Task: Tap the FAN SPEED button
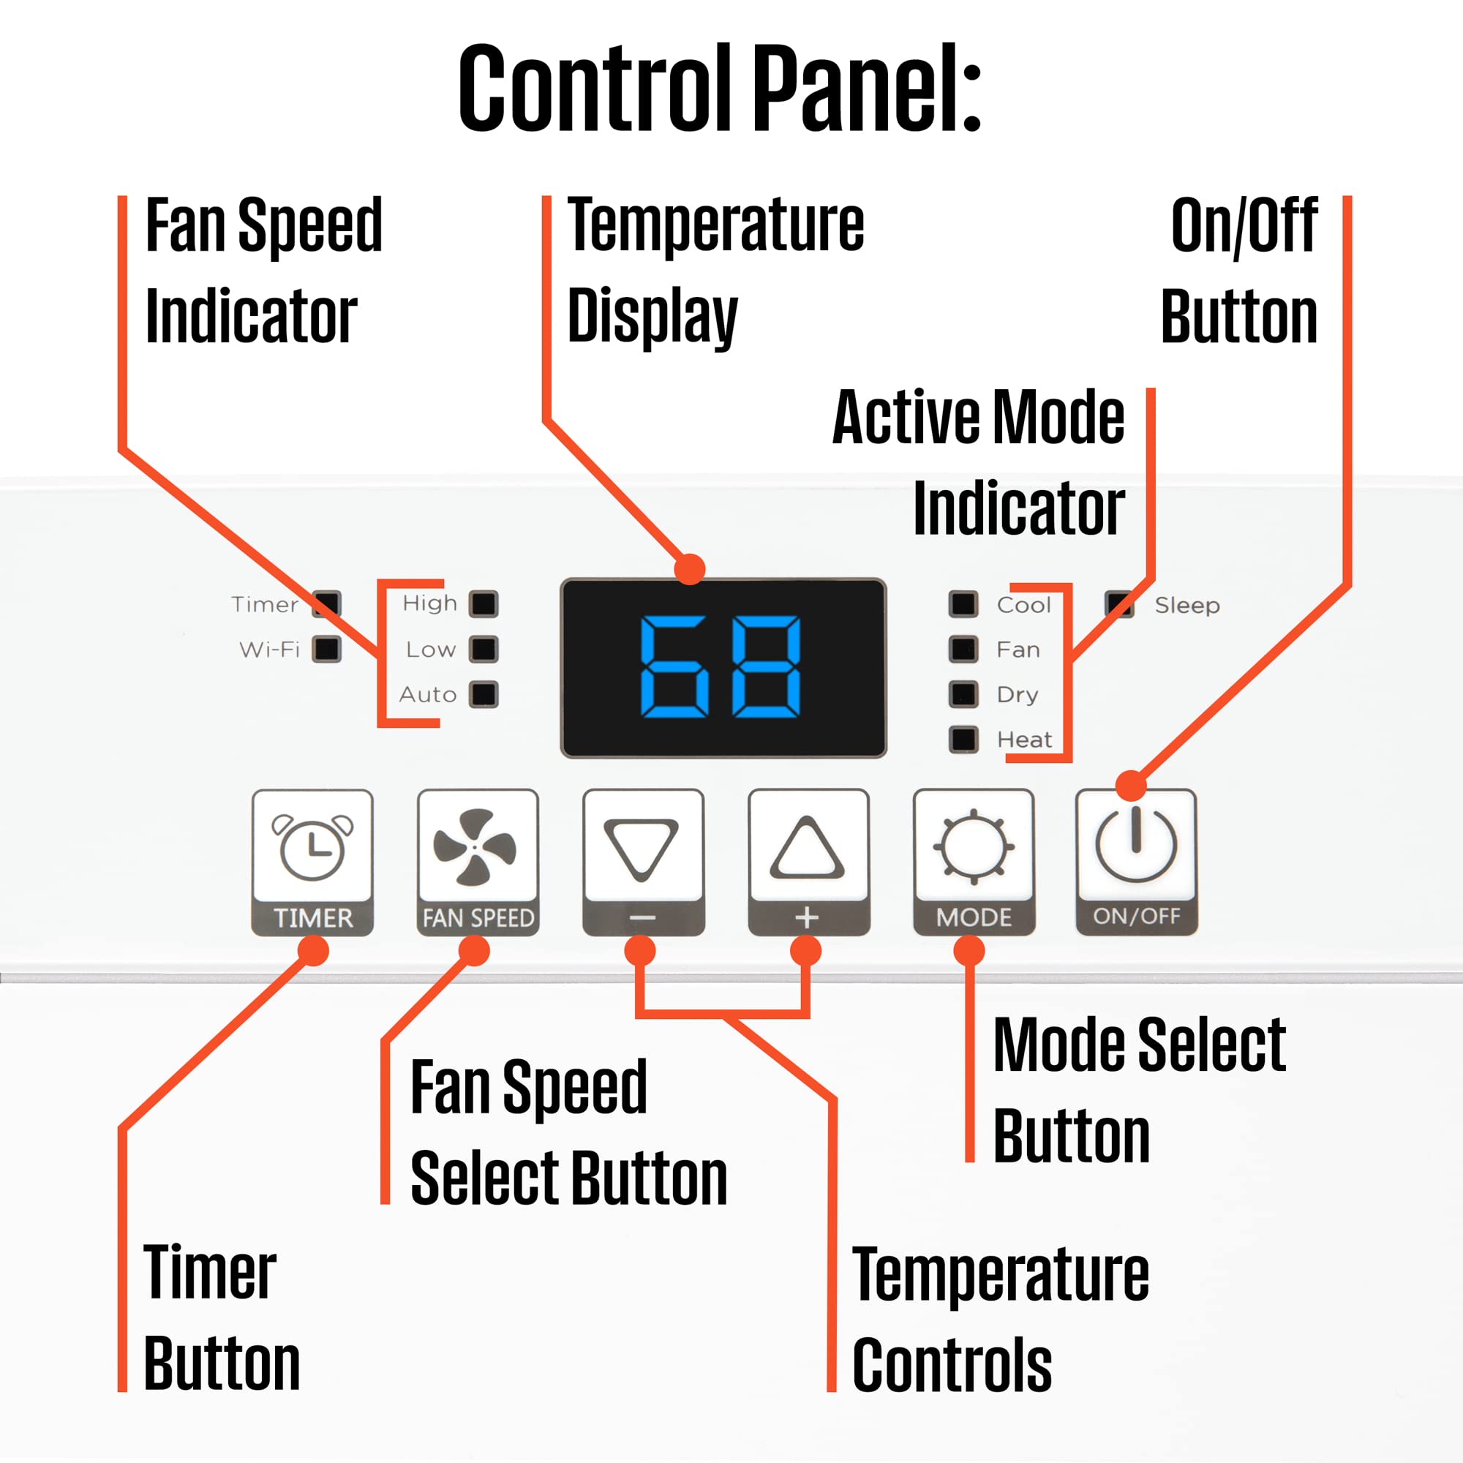[478, 862]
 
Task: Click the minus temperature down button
[643, 862]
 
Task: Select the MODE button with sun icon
[974, 862]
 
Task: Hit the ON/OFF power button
[1137, 862]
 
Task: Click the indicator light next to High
[483, 604]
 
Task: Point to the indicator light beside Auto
[483, 694]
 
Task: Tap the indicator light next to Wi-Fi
[326, 649]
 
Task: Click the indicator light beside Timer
[326, 604]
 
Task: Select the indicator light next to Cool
[963, 604]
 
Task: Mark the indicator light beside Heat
[963, 739]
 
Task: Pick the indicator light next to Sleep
[1119, 604]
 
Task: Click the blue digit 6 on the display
[674, 666]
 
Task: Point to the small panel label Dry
[1017, 695]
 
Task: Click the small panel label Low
[431, 650]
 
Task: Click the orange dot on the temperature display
[689, 568]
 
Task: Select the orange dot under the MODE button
[969, 951]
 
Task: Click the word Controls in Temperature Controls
[952, 1364]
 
